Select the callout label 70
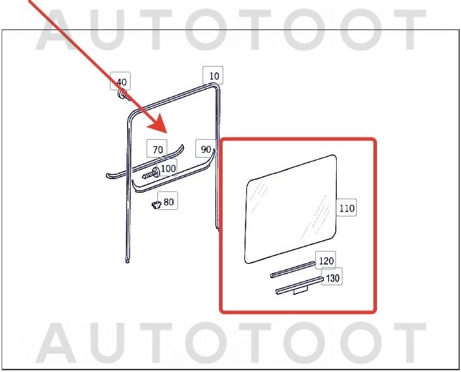(x=157, y=149)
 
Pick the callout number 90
(x=205, y=148)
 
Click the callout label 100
(x=167, y=168)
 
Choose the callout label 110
(x=346, y=207)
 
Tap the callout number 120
(x=326, y=260)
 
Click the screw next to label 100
(x=151, y=173)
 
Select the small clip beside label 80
(x=157, y=205)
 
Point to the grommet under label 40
(x=122, y=95)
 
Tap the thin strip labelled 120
(x=293, y=270)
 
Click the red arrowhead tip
(x=167, y=133)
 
